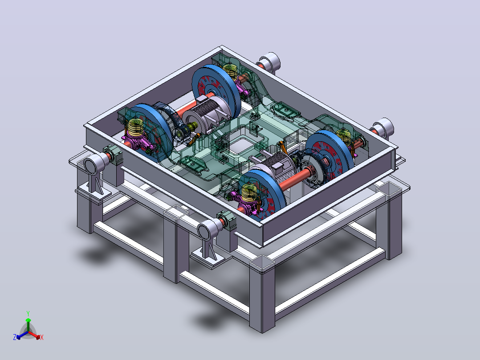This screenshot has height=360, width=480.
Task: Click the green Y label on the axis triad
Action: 28,314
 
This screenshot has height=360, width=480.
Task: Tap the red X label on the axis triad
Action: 42,337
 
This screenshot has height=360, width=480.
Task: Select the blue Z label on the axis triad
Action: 15,337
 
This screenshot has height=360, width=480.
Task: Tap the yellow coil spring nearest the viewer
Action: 249,192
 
